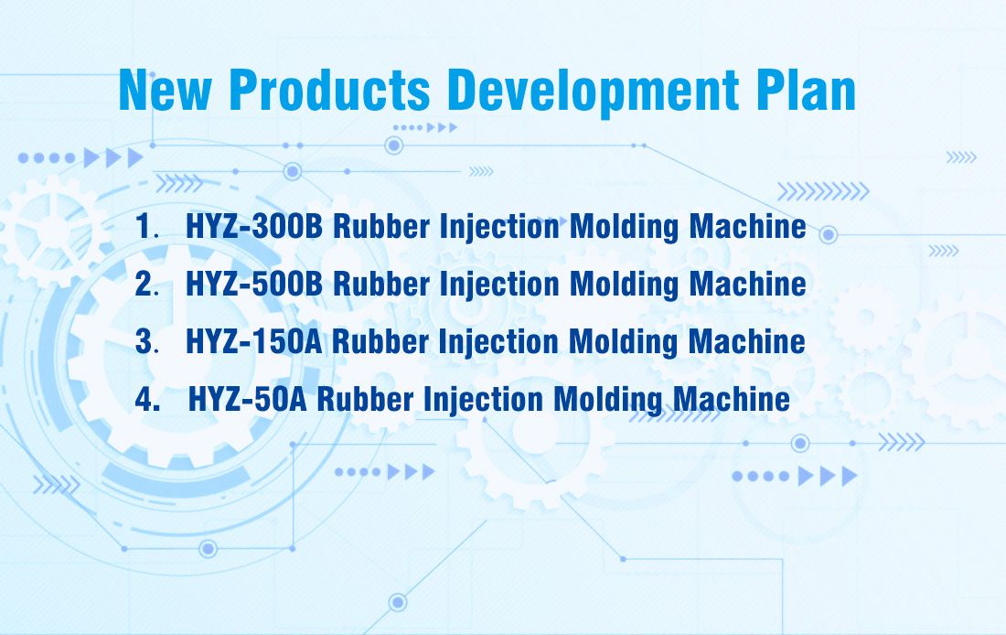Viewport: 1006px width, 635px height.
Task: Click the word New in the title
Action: pos(165,90)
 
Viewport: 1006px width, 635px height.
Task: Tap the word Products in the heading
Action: pos(329,90)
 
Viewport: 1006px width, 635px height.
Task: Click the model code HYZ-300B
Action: pos(254,227)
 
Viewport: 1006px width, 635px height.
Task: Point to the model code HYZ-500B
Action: pos(254,284)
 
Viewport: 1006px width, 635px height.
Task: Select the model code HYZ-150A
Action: pos(254,341)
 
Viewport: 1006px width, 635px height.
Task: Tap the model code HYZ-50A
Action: pos(248,399)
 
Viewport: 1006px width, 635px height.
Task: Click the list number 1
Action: pos(144,227)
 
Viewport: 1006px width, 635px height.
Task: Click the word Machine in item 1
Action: pos(747,227)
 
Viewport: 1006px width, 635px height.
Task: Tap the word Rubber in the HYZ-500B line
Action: pos(381,284)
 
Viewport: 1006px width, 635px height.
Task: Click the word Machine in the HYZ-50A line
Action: pos(732,399)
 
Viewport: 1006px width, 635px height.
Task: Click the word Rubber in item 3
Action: pos(380,341)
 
